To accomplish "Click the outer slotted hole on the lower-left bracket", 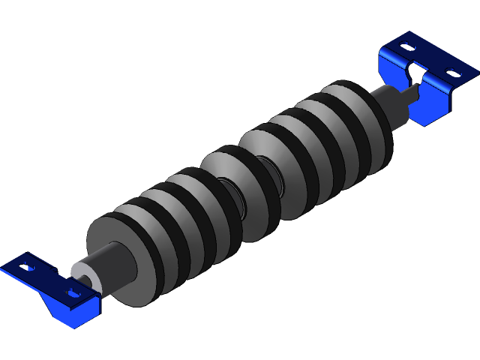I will (x=28, y=266).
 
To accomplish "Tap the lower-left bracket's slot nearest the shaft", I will (x=73, y=292).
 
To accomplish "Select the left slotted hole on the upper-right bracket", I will (x=406, y=46).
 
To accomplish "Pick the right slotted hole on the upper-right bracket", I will (x=451, y=73).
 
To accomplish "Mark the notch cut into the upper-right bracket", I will (x=415, y=73).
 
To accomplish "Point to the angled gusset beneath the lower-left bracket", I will (x=64, y=313).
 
